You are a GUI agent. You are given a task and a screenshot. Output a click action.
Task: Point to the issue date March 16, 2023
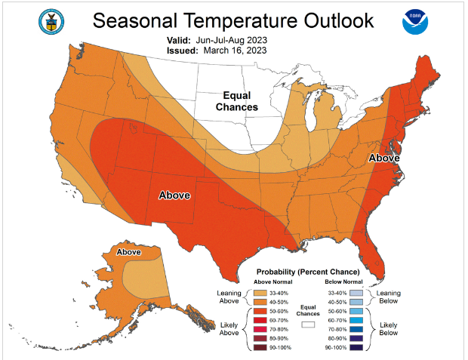(234, 51)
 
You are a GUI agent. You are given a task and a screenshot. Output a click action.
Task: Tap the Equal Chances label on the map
(236, 101)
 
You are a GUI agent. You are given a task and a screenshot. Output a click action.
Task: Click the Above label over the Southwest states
(178, 195)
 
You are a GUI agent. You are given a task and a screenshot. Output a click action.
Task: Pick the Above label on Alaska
(128, 251)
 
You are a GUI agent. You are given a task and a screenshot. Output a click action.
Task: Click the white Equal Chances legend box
(306, 324)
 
